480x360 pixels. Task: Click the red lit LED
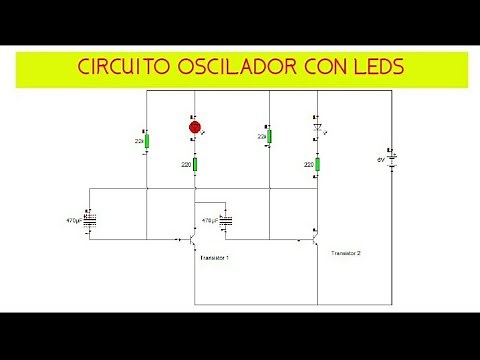[x=196, y=127]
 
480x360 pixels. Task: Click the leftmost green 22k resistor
[x=147, y=139]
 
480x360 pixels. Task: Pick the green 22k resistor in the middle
[x=270, y=136]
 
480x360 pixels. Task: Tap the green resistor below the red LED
[x=196, y=164]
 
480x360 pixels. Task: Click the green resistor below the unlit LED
[x=316, y=164]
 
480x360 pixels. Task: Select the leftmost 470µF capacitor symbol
[x=91, y=221]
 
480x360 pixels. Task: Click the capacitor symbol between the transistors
[x=226, y=221]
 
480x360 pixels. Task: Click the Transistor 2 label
[x=345, y=254]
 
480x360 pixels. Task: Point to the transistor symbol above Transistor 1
[x=193, y=240]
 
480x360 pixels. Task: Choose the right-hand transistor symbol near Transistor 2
[x=314, y=238]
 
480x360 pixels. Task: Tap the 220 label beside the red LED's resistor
[x=185, y=164]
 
